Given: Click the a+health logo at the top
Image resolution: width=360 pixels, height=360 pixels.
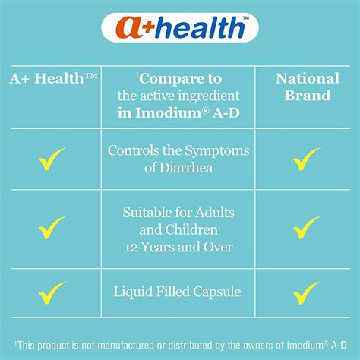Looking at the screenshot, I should [x=179, y=28].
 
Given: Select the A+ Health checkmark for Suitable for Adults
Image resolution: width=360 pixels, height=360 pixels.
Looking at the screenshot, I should [x=52, y=227].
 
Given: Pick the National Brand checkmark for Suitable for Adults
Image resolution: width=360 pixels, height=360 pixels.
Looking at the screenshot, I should [x=306, y=227].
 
